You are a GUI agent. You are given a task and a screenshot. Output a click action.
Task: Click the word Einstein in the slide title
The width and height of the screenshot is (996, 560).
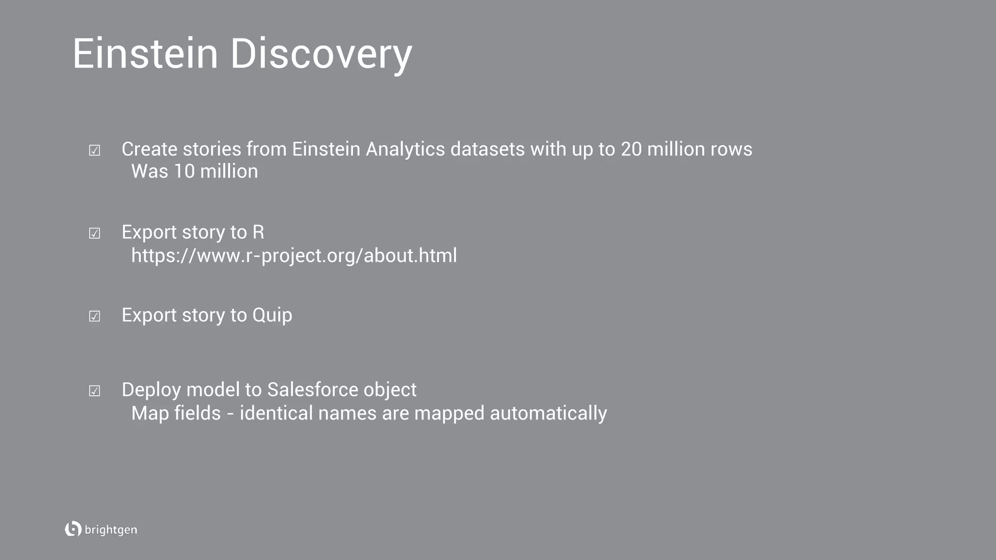coord(145,53)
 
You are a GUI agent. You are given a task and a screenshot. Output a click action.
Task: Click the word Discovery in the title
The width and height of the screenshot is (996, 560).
coord(321,54)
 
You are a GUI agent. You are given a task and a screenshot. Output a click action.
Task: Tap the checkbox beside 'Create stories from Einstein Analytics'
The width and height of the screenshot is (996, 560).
coord(94,151)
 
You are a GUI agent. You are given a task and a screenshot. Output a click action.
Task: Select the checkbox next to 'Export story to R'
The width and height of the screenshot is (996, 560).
coord(94,234)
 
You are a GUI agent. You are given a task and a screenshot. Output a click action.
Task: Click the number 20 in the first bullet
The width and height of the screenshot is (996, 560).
coord(631,149)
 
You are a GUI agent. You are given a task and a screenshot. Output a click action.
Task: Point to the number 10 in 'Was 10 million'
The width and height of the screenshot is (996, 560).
coord(184,172)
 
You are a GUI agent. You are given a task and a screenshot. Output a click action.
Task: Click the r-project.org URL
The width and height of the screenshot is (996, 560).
coord(294,256)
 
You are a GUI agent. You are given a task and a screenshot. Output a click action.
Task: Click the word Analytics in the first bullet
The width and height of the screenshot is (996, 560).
coord(405,150)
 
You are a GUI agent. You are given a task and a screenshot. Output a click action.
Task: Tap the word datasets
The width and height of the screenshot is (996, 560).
coord(487,149)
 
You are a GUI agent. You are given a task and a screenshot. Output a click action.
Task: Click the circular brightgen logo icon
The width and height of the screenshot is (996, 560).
coord(73,529)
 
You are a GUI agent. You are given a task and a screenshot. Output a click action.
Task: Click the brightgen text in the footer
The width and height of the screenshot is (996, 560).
coord(111,530)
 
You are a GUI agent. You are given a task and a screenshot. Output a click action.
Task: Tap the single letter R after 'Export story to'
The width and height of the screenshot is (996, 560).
coord(258,232)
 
